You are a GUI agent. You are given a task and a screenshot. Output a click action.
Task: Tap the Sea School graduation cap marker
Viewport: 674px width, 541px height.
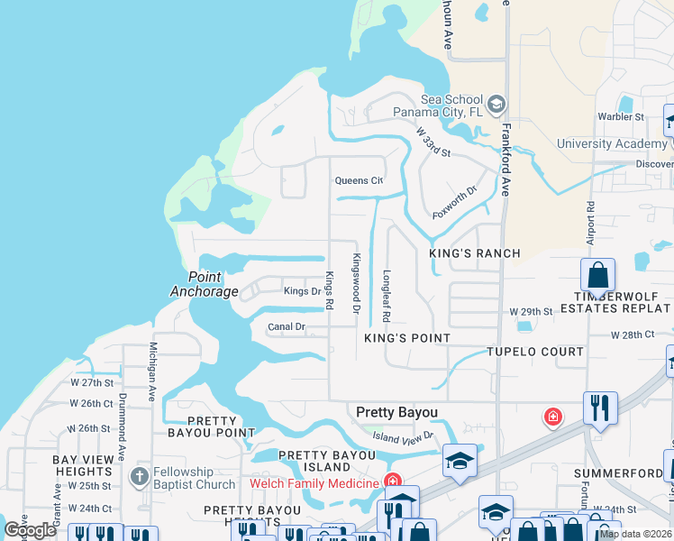click(x=496, y=105)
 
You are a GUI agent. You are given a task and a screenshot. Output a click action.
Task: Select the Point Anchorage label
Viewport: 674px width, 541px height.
click(x=205, y=284)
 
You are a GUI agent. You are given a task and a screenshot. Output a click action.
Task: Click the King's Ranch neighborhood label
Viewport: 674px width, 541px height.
click(x=475, y=253)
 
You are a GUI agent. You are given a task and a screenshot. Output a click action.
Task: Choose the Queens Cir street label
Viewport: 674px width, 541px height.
click(x=359, y=180)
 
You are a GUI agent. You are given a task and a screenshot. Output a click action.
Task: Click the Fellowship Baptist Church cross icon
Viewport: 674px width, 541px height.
click(x=139, y=475)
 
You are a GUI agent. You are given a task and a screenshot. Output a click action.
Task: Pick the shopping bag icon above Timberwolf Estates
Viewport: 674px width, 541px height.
click(x=597, y=274)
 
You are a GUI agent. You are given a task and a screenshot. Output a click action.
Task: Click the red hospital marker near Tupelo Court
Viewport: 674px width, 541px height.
click(x=552, y=417)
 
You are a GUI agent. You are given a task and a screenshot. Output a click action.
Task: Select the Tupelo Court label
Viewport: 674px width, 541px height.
click(x=535, y=352)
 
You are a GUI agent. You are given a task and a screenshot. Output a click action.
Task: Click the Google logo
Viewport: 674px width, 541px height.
click(x=30, y=530)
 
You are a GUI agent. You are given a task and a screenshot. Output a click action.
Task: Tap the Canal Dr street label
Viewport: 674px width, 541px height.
click(x=287, y=326)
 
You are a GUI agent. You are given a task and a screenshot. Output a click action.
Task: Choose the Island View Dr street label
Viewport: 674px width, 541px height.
click(x=404, y=436)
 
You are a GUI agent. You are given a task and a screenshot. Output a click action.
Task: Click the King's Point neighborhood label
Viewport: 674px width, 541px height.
click(x=406, y=337)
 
